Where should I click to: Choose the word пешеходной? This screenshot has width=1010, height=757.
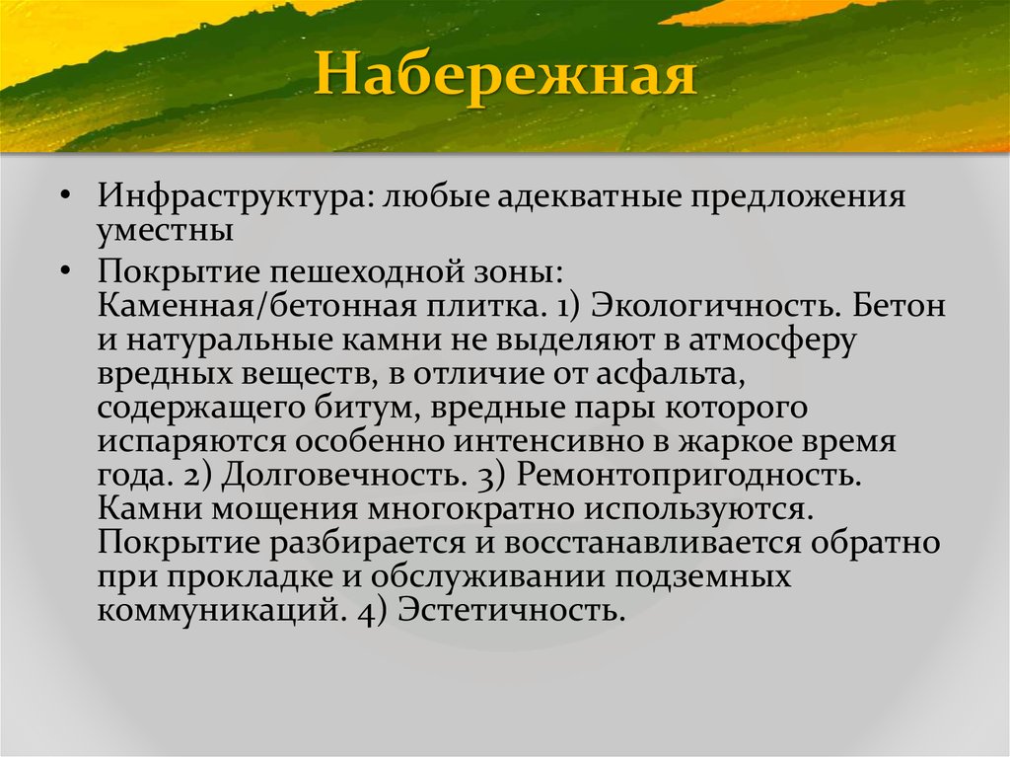[372, 269]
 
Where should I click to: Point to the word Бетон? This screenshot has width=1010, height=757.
[899, 305]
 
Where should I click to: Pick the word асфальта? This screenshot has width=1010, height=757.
[679, 374]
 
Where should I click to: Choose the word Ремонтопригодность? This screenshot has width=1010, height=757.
[686, 476]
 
